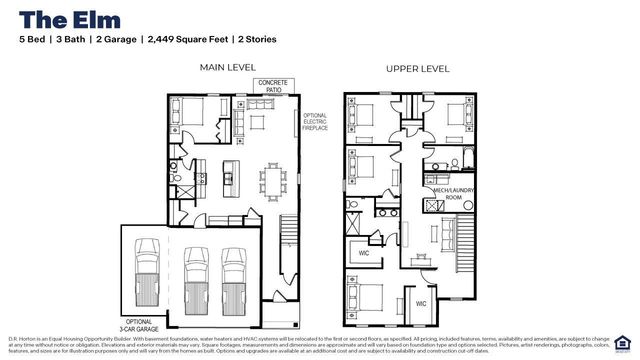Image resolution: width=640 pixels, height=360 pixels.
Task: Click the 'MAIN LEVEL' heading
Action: [x=227, y=68]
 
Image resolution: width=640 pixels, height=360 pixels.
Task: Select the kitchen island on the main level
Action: [x=228, y=178]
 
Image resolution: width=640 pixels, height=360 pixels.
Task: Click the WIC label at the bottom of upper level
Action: [x=421, y=303]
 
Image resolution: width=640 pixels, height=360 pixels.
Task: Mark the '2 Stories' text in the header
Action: [x=254, y=39]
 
